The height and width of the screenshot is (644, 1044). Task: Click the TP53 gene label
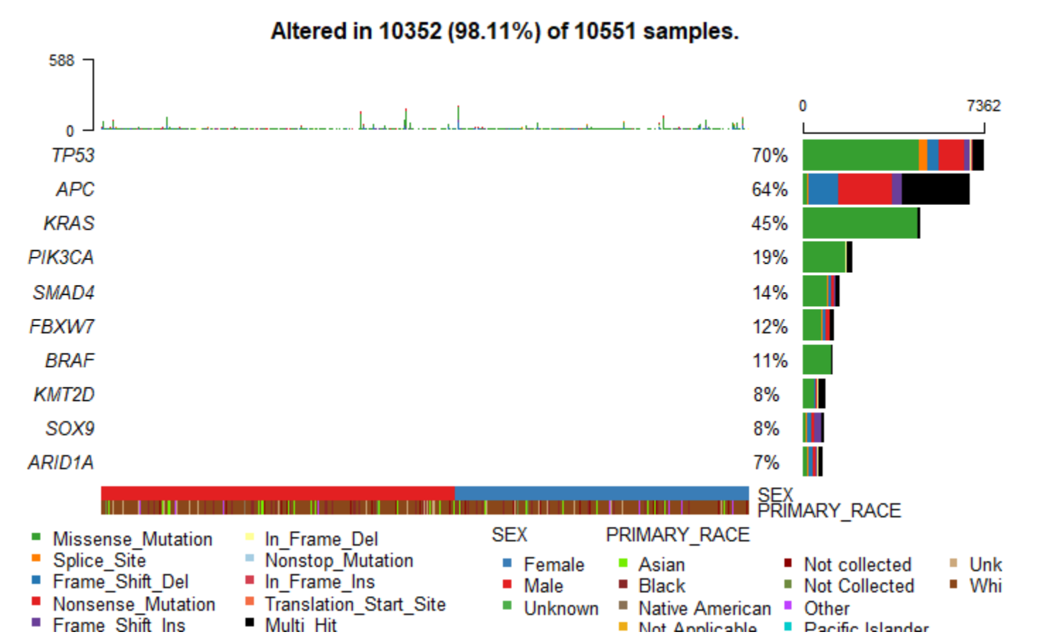point(73,156)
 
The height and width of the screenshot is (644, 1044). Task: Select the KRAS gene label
point(69,223)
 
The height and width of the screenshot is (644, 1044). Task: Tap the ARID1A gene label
point(61,462)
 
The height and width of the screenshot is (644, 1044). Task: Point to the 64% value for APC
point(770,189)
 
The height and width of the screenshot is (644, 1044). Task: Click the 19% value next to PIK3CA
point(770,257)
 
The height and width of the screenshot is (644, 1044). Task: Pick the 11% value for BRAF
point(770,361)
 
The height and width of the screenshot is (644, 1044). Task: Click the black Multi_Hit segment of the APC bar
point(935,189)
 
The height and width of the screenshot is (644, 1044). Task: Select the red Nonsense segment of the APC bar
point(864,189)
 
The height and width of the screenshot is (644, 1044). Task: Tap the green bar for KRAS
point(859,223)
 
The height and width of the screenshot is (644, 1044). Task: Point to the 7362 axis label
point(983,106)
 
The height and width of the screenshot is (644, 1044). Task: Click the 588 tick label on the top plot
point(62,61)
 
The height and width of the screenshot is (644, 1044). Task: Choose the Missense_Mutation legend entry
point(132,539)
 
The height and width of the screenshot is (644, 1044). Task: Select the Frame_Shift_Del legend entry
point(120,582)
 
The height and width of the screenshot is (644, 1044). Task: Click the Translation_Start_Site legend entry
point(355,604)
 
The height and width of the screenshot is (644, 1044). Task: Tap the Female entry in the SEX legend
point(554,565)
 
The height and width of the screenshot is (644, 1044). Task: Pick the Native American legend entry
point(704,609)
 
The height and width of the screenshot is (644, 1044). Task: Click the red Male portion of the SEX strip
point(277,493)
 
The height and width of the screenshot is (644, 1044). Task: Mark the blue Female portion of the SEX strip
point(601,493)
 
